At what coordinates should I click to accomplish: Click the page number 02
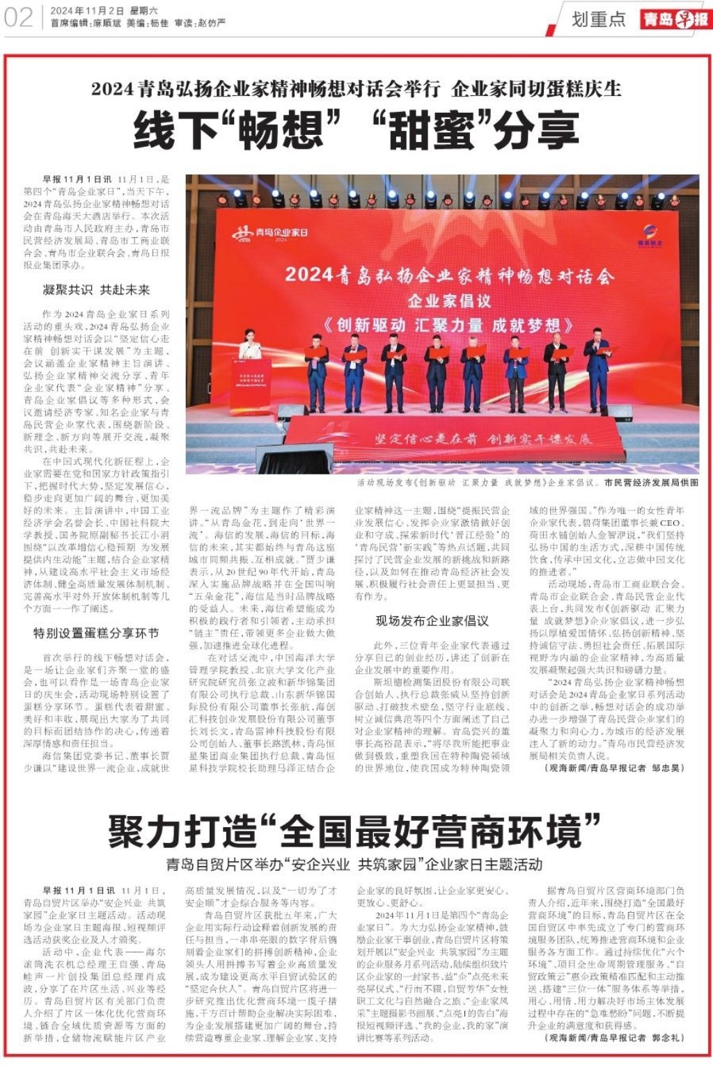(x=18, y=17)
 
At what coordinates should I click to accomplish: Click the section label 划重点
(x=598, y=19)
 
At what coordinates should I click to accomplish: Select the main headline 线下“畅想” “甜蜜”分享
(x=356, y=130)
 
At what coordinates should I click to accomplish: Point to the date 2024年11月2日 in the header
(x=87, y=11)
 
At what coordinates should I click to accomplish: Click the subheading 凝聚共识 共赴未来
(x=96, y=290)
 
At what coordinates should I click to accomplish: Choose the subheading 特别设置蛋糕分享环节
(x=96, y=633)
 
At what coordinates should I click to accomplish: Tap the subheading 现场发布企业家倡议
(x=432, y=620)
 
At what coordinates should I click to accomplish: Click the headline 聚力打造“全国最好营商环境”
(x=354, y=832)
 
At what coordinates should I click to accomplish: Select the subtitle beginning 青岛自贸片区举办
(x=354, y=865)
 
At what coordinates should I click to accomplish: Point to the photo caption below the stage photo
(x=527, y=482)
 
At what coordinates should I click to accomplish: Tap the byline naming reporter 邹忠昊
(x=614, y=768)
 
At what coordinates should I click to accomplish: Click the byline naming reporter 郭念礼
(x=614, y=1037)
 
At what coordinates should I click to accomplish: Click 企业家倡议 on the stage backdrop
(x=449, y=301)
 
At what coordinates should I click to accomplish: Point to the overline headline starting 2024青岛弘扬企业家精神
(x=356, y=89)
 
